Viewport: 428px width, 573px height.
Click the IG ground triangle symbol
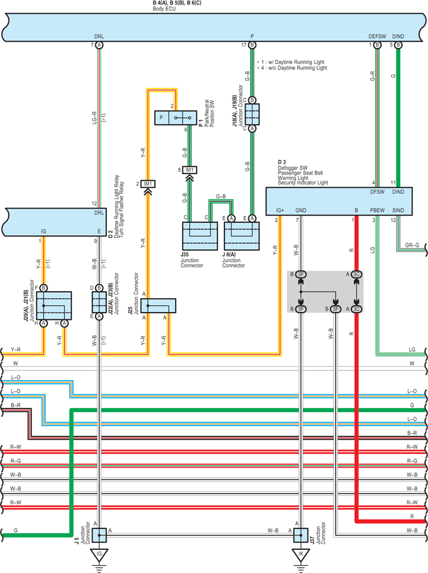(99, 555)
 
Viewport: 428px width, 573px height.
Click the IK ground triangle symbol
(301, 555)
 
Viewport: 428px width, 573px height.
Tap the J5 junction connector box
(99, 535)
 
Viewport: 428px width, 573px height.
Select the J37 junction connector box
(301, 535)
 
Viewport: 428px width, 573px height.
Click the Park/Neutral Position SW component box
(176, 118)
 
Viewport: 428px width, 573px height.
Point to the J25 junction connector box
(158, 306)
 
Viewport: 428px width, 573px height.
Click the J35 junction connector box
(200, 236)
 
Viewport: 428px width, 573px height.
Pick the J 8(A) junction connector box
(242, 236)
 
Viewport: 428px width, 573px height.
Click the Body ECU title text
(164, 9)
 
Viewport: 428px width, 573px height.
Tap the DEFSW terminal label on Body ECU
(377, 36)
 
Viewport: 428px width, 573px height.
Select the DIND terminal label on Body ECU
(398, 36)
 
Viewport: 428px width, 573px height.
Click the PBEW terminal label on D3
(377, 211)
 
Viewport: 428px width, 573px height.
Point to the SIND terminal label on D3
(398, 211)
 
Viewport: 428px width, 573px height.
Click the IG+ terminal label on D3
(280, 211)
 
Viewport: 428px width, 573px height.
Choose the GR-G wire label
(412, 245)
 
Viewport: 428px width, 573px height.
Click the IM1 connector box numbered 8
(190, 170)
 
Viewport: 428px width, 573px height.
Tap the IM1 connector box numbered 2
(148, 184)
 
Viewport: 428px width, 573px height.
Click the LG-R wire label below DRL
(95, 118)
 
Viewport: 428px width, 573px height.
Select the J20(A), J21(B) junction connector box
(54, 306)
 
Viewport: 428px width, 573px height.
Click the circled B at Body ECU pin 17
(252, 45)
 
